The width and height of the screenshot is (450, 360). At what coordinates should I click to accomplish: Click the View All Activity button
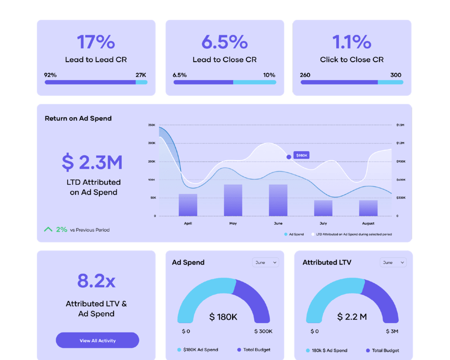pos(97,340)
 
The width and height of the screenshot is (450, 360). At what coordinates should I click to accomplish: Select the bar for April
pos(188,205)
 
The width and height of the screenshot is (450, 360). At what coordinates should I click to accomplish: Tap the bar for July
pos(323,208)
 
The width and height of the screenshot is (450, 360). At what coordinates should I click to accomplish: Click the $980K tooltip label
pos(301,155)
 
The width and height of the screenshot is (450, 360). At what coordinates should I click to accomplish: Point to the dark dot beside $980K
pos(289,157)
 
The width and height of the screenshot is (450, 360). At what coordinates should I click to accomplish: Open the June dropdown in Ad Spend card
pos(265,262)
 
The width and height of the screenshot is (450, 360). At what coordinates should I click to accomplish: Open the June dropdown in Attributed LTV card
pos(393,262)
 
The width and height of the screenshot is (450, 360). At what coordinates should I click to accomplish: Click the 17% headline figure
pos(96,42)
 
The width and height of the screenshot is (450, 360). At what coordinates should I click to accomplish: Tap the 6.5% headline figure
pos(224,42)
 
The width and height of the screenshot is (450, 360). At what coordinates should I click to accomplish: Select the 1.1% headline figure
pos(351,42)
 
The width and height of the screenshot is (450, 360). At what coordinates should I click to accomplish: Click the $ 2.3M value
pos(92,162)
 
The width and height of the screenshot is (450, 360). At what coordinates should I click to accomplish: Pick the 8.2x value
pos(96,281)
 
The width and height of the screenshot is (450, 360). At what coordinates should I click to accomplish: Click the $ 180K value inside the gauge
pos(223,317)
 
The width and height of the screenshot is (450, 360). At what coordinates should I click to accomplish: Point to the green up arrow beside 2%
pos(48,229)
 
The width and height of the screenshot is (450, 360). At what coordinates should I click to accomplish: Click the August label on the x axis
pos(368,223)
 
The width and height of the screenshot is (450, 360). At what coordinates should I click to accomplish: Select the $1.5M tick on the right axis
pos(400,125)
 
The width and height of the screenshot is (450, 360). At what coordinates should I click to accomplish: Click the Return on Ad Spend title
pos(78,118)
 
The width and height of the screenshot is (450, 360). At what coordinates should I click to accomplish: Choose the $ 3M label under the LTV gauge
pos(391,331)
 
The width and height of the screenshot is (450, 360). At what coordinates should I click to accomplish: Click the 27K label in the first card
pos(141,75)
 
